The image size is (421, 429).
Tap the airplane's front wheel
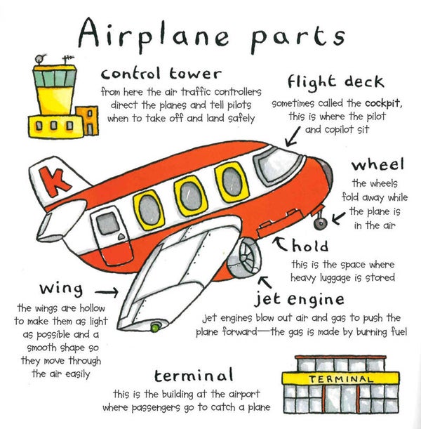coord(321,223)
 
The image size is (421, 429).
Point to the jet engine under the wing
coord(247,256)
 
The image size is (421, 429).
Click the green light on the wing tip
coord(154,327)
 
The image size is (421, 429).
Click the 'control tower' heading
coord(161,73)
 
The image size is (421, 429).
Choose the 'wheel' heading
coord(378,165)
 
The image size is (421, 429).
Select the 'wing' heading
coord(61,289)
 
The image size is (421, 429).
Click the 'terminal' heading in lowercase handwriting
coord(194,375)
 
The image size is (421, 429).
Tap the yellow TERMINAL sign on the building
coord(331,378)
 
